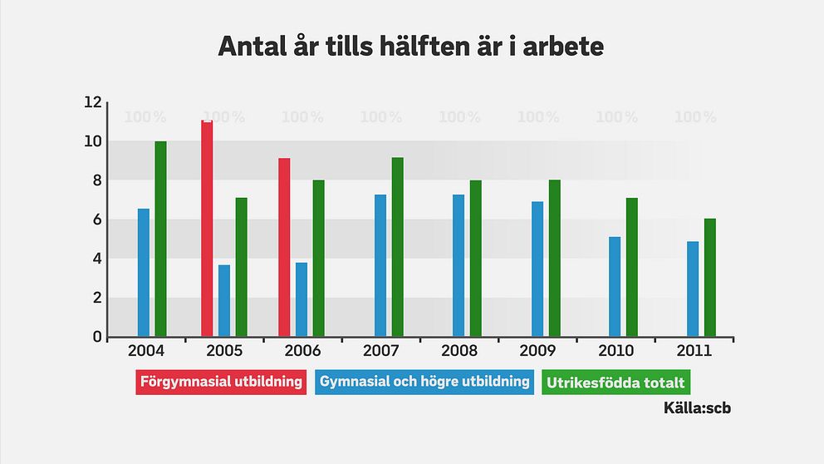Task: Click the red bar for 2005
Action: pos(207,229)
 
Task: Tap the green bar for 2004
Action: pos(160,239)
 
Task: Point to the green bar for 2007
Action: pos(398,247)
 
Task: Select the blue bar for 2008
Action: pos(459,265)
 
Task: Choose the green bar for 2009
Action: pos(555,258)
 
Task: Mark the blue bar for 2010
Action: pos(615,287)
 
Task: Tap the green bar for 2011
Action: pos(710,278)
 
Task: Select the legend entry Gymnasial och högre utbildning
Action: pos(424,383)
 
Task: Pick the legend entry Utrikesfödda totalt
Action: pos(616,383)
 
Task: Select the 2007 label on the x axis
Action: pos(381,351)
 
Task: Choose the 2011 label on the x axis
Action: pos(694,351)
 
